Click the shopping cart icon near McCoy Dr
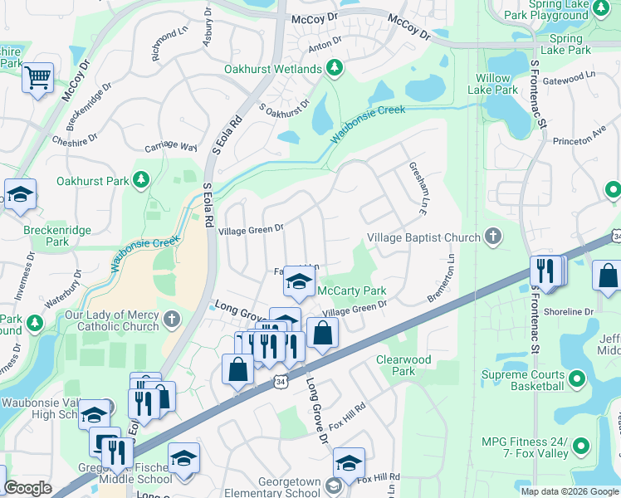tap(37, 79)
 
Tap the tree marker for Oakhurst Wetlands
tap(334, 67)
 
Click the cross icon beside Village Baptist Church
tap(493, 237)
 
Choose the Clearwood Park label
tap(403, 365)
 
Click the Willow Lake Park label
tap(492, 84)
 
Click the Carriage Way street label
tap(170, 147)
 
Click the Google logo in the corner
tap(28, 488)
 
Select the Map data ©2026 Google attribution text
tap(570, 491)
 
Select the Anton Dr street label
tap(325, 41)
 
